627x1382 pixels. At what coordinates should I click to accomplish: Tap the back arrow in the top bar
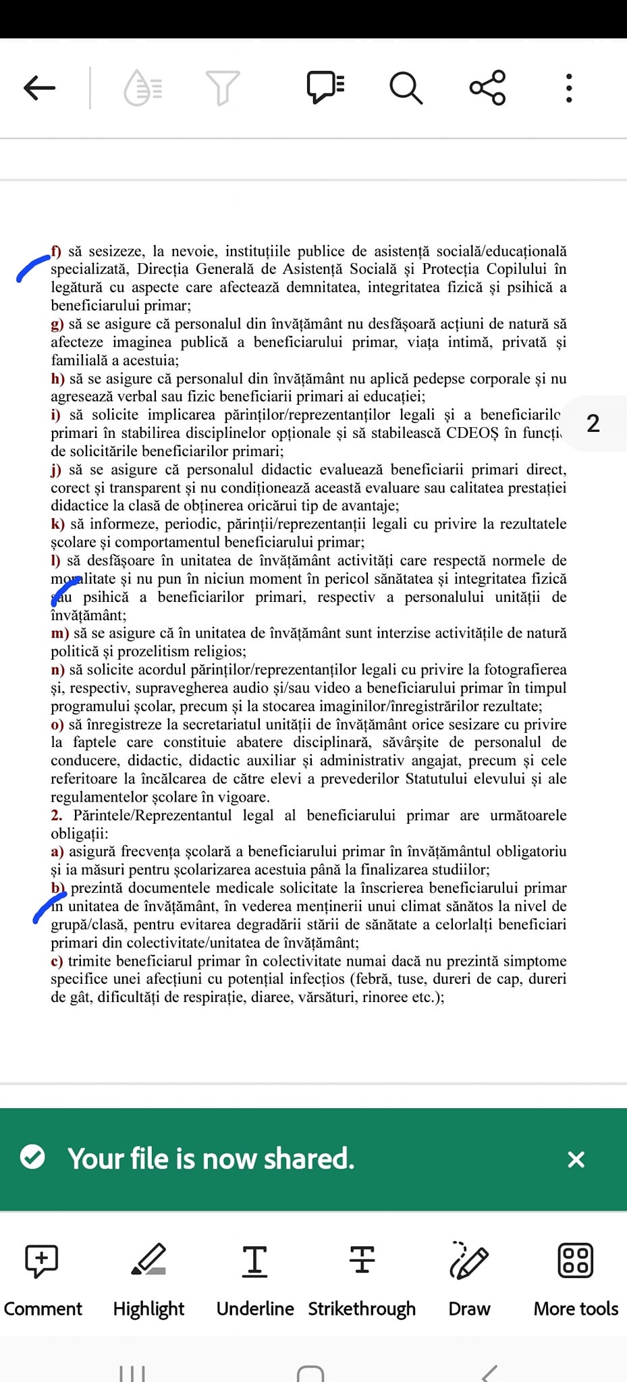pos(39,88)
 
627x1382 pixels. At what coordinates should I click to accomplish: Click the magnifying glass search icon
pos(406,88)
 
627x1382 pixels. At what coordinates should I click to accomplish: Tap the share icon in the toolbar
pos(487,88)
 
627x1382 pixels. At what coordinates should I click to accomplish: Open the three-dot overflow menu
pos(569,88)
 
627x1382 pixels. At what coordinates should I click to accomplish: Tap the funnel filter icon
pos(222,88)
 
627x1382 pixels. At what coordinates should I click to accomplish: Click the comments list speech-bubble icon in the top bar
pos(326,88)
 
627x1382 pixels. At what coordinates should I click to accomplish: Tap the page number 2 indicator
pos(593,424)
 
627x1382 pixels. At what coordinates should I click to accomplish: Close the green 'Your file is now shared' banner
pos(576,1159)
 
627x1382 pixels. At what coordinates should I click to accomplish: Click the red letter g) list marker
pos(57,324)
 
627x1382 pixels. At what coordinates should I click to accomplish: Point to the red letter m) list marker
pos(59,633)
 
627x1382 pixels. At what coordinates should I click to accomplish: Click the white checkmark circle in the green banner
pos(32,1158)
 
